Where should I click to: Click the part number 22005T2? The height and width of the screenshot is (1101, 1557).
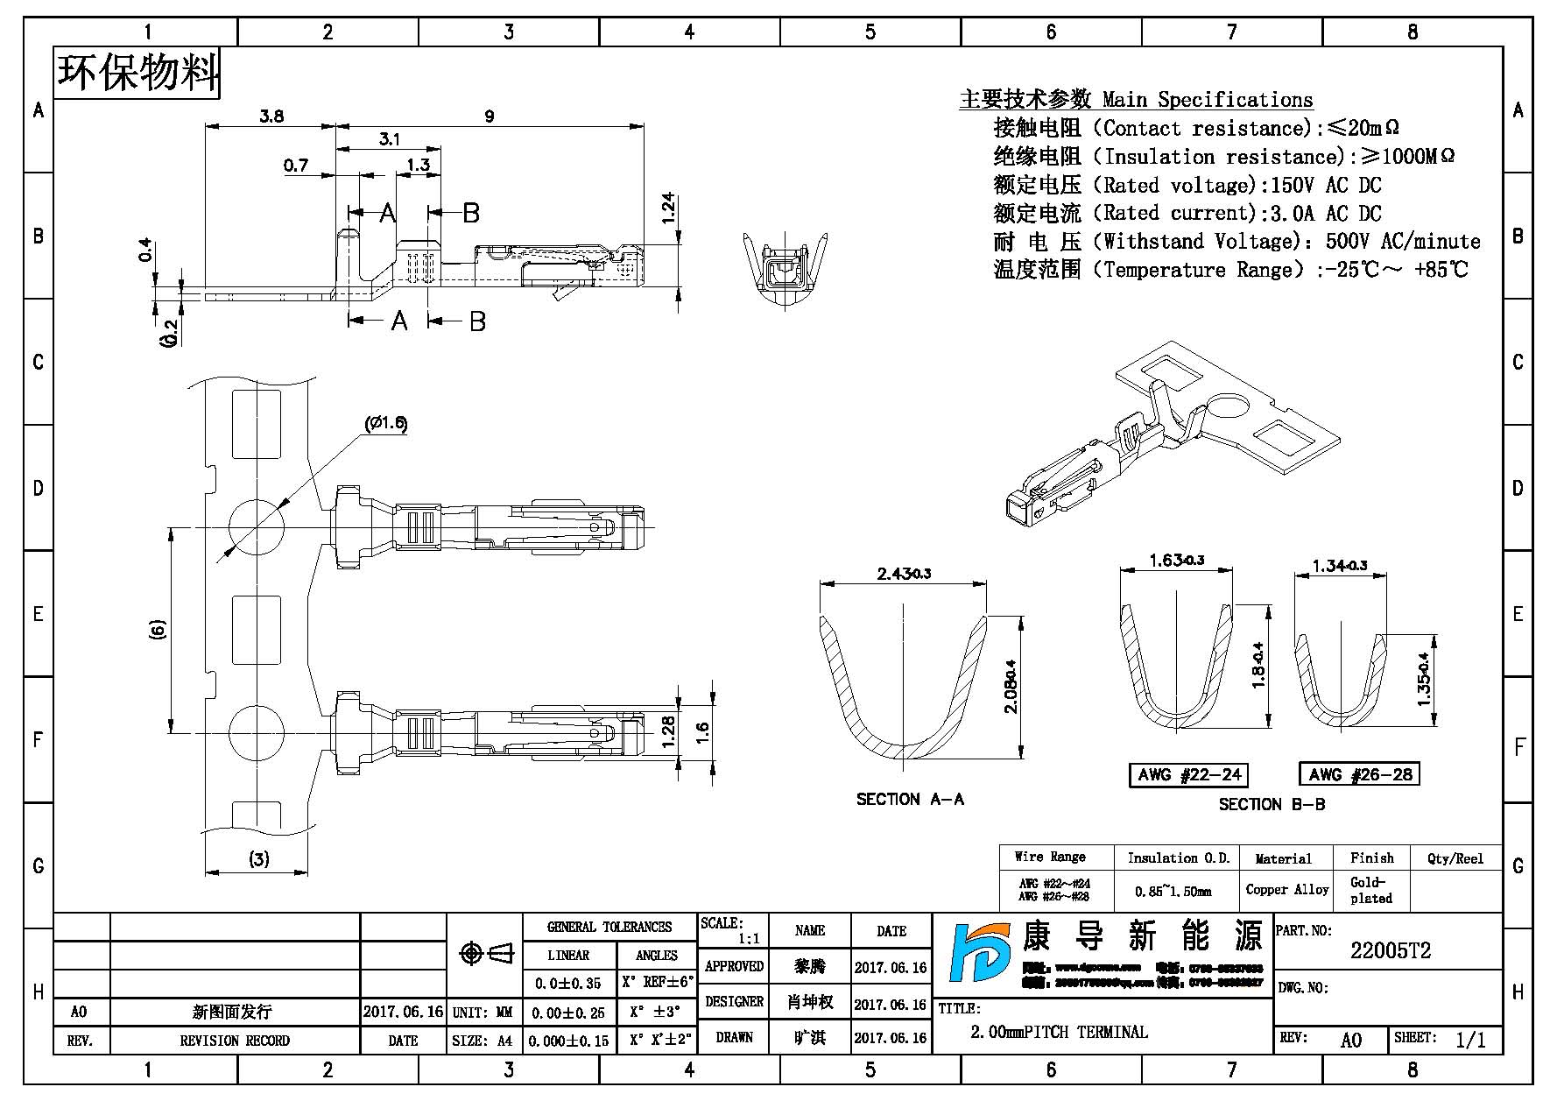click(1390, 951)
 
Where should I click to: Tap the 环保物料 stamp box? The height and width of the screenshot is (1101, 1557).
click(137, 73)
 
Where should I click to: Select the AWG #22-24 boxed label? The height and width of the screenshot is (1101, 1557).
click(1188, 774)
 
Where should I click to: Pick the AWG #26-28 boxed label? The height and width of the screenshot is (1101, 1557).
click(1359, 774)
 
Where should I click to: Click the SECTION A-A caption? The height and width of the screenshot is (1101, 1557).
click(910, 799)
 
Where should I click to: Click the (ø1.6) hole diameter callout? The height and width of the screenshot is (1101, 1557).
click(385, 424)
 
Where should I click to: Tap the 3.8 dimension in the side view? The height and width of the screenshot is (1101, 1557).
click(271, 116)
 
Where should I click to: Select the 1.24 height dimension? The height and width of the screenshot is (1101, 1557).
click(669, 208)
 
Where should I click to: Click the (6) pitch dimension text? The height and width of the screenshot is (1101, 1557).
click(158, 629)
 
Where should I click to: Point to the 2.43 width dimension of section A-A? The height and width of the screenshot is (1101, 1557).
click(904, 574)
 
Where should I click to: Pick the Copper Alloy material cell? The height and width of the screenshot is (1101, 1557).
click(1286, 890)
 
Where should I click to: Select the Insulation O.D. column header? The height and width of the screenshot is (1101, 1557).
click(1178, 858)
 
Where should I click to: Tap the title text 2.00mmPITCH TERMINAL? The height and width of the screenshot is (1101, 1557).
click(1059, 1032)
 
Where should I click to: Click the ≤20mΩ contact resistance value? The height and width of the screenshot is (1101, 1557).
click(1363, 128)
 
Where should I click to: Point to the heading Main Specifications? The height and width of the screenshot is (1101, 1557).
click(1208, 100)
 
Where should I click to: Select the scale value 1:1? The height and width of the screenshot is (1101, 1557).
click(749, 939)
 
